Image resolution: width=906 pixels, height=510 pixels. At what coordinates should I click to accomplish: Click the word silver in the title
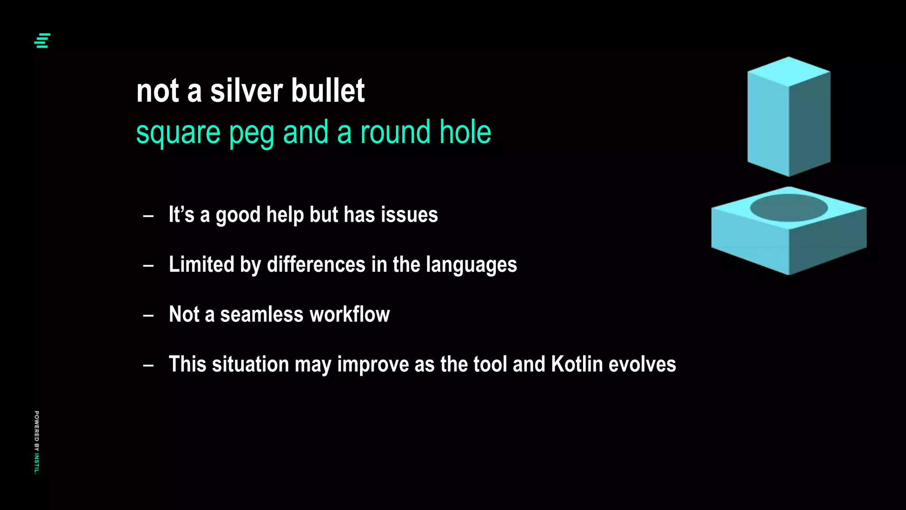246,91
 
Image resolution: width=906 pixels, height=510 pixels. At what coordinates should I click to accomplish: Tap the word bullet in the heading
328,91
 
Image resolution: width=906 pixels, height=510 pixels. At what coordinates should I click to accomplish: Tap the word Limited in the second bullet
201,265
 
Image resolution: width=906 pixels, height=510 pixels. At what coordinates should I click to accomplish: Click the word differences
316,265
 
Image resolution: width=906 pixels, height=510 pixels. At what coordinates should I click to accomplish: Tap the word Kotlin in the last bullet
577,364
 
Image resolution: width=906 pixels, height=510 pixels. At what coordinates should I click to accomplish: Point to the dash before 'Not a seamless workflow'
149,316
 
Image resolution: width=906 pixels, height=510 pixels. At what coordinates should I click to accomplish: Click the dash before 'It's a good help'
149,216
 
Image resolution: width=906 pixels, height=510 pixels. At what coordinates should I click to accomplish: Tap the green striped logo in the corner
42,41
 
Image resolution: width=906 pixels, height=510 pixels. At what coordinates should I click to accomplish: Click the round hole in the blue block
789,208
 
